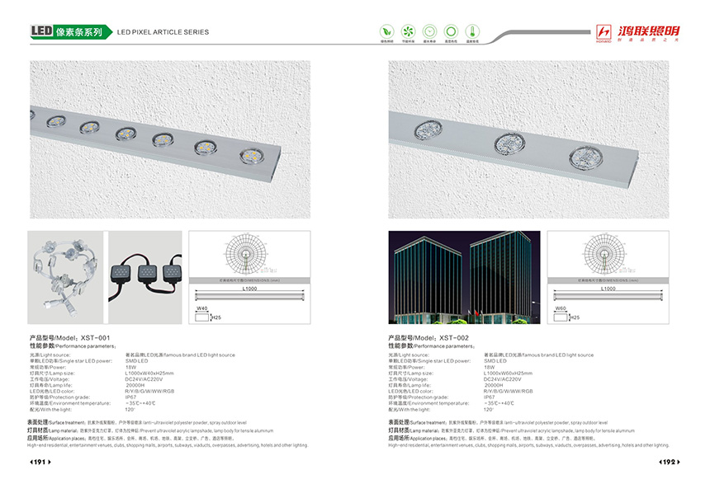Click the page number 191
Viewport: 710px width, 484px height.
(x=41, y=463)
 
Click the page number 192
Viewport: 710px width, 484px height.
(x=668, y=463)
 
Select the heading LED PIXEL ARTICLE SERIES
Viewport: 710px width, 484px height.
(x=163, y=32)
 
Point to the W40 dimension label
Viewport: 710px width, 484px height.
(x=201, y=308)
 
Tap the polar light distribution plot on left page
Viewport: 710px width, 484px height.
(x=249, y=256)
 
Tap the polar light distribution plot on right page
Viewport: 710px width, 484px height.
(x=608, y=256)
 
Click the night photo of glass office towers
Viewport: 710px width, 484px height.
(x=464, y=280)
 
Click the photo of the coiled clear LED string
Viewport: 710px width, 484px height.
(x=65, y=280)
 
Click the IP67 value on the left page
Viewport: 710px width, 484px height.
(x=130, y=397)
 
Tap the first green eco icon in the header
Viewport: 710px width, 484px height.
(x=386, y=31)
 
